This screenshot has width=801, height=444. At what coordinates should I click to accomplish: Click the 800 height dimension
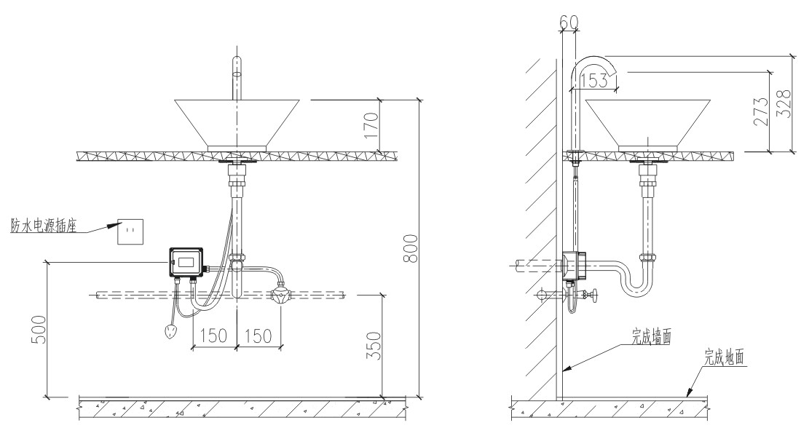point(411,248)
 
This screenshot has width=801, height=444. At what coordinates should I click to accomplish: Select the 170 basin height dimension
point(371,125)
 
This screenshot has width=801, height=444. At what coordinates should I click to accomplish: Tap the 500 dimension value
point(39,329)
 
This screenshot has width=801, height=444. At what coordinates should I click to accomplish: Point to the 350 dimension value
point(375,346)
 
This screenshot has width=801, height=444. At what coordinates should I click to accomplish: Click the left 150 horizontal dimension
point(213,336)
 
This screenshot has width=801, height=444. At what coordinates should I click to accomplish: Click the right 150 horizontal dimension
point(258,336)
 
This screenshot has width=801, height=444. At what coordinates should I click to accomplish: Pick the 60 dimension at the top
point(569,22)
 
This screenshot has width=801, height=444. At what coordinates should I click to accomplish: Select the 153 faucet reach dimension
point(595,79)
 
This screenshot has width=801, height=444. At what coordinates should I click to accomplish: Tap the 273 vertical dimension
point(761,111)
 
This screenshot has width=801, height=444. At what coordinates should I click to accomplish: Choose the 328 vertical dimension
point(784,103)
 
